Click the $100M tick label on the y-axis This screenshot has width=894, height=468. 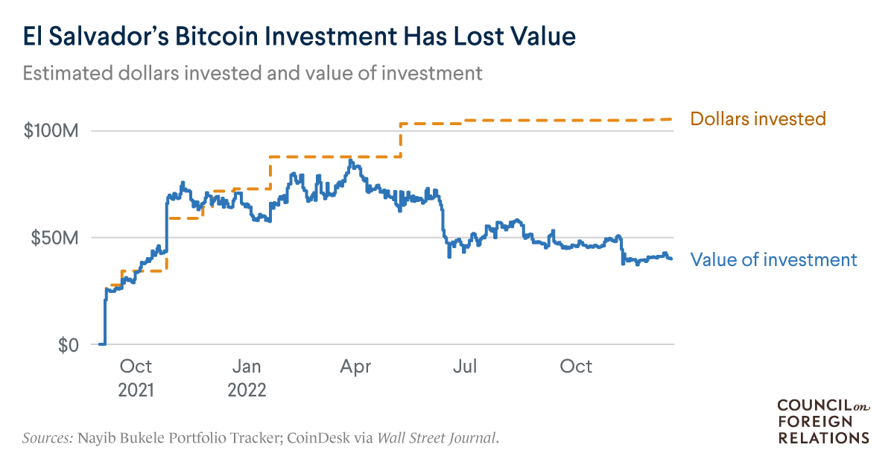[48, 131]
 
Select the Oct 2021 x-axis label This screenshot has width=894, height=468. [136, 377]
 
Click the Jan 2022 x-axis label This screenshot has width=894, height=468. [246, 377]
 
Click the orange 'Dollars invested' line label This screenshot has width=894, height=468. [758, 118]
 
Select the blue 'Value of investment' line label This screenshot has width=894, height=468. [773, 259]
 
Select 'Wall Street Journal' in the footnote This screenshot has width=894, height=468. [436, 437]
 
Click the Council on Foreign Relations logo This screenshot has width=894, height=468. [822, 421]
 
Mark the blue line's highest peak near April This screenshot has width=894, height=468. [351, 160]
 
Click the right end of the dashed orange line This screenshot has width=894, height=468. [671, 119]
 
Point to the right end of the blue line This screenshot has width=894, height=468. [671, 259]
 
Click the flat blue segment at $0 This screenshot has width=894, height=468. [102, 344]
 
